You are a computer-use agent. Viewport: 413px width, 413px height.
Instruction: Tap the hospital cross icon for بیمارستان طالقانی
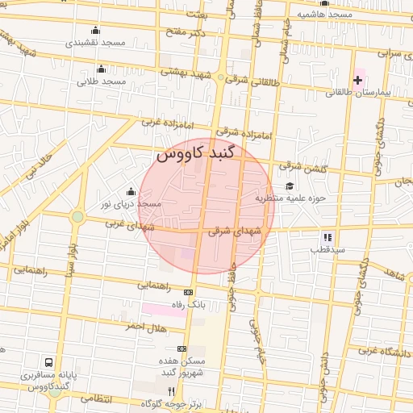[357, 80]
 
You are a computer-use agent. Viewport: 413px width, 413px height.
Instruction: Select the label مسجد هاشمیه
[324, 15]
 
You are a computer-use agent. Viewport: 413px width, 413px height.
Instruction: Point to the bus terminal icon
[49, 363]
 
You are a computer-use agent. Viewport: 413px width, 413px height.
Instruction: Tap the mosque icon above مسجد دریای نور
[131, 192]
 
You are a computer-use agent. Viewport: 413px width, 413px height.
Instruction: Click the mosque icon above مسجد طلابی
[101, 69]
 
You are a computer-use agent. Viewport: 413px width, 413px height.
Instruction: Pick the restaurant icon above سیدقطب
[327, 237]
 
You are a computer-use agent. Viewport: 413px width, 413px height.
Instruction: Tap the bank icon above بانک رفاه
[190, 292]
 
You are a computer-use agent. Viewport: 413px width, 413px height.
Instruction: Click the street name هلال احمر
[145, 326]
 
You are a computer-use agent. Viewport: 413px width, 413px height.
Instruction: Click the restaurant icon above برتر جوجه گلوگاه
[170, 390]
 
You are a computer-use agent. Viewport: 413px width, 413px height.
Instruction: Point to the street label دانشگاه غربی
[386, 353]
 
